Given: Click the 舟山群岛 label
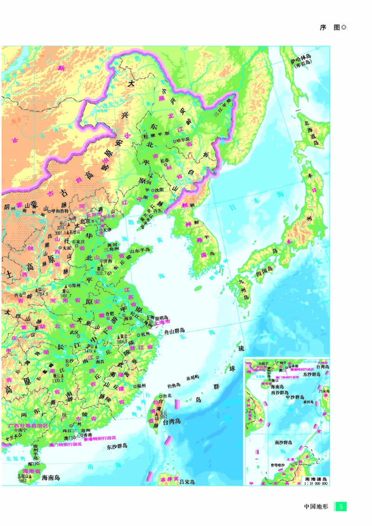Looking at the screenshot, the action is [178, 333].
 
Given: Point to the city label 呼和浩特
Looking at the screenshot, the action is [59, 210].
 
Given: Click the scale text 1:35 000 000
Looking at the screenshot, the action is [315, 484].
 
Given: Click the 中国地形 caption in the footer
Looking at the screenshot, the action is [316, 506].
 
